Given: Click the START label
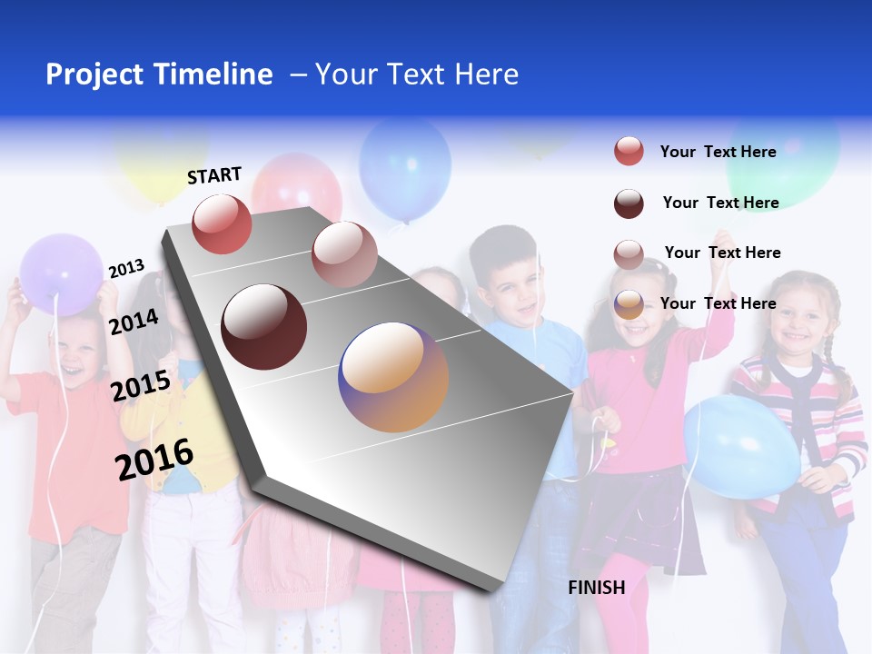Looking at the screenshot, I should [x=214, y=175].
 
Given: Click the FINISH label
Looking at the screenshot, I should [x=596, y=588].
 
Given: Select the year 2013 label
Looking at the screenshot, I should [x=126, y=269].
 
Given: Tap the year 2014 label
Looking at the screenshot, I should [x=134, y=322].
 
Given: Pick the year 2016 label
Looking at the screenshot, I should [x=154, y=459].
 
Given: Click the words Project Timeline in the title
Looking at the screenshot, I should [x=159, y=74].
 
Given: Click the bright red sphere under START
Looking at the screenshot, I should [x=222, y=224].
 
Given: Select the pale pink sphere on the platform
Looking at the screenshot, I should [x=344, y=254].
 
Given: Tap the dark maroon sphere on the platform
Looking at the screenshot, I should [x=264, y=327].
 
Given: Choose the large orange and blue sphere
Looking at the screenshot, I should [x=393, y=377].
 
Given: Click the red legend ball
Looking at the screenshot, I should [x=629, y=152].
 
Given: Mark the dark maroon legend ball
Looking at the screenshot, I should [x=629, y=203].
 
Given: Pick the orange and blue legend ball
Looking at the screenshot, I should [x=629, y=305].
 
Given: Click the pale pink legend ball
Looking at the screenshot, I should [x=629, y=254].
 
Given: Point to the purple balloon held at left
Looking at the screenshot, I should [x=61, y=273].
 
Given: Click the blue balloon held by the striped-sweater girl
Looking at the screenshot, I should [x=740, y=446].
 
